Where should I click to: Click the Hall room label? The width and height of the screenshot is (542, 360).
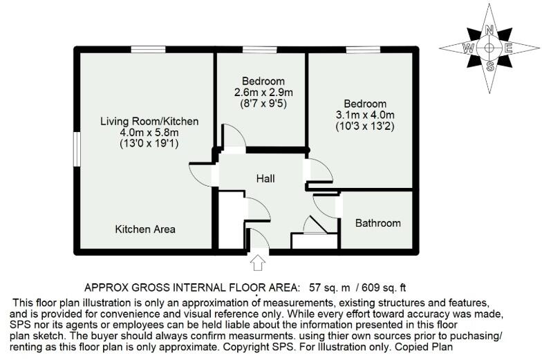click(x=265, y=178)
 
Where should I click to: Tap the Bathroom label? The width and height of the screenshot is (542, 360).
click(x=377, y=223)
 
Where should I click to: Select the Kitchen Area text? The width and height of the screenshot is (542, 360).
click(x=145, y=229)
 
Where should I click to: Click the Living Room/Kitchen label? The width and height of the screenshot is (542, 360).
click(x=149, y=122)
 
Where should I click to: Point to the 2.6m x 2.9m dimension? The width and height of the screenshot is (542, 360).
click(x=264, y=93)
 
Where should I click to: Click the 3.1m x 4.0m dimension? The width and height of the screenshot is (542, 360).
click(x=365, y=115)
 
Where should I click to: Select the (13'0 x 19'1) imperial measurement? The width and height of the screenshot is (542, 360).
click(x=149, y=144)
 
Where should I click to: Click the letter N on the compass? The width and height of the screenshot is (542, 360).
click(x=489, y=30)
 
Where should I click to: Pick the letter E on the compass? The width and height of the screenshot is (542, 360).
click(x=508, y=48)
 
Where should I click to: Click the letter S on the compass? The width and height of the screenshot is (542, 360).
click(x=489, y=66)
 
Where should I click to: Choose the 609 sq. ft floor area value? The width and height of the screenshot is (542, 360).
click(x=392, y=287)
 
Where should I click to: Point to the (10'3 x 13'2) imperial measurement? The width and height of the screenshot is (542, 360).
click(x=365, y=126)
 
